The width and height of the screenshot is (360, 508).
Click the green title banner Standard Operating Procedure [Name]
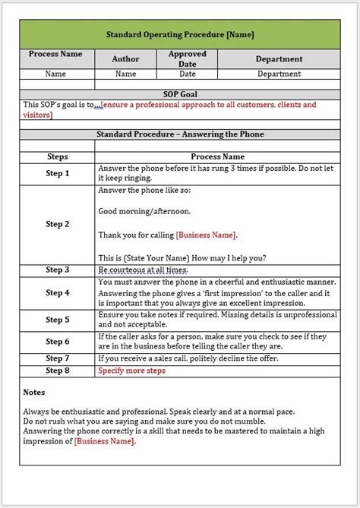click(180, 34)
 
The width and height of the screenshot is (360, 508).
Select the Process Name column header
click(55, 55)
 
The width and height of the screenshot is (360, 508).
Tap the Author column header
click(125, 58)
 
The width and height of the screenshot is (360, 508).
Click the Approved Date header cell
click(187, 58)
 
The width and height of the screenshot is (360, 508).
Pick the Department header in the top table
click(279, 58)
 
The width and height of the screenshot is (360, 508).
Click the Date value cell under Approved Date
click(187, 74)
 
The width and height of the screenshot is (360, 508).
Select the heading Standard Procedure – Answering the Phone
click(180, 134)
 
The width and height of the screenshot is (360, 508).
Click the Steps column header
click(58, 156)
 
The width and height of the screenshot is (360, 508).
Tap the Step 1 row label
click(58, 173)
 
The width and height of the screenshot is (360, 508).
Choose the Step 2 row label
click(58, 224)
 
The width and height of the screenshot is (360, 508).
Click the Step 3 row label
click(58, 270)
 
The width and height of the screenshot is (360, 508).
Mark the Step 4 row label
click(58, 292)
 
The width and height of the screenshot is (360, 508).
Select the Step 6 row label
click(58, 342)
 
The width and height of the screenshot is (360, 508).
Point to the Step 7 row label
click(58, 358)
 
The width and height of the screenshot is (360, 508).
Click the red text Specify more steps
click(131, 371)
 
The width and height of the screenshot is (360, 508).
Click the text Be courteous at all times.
click(142, 270)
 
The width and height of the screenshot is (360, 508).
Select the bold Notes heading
click(33, 393)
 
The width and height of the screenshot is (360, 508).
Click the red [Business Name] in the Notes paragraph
click(104, 441)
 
